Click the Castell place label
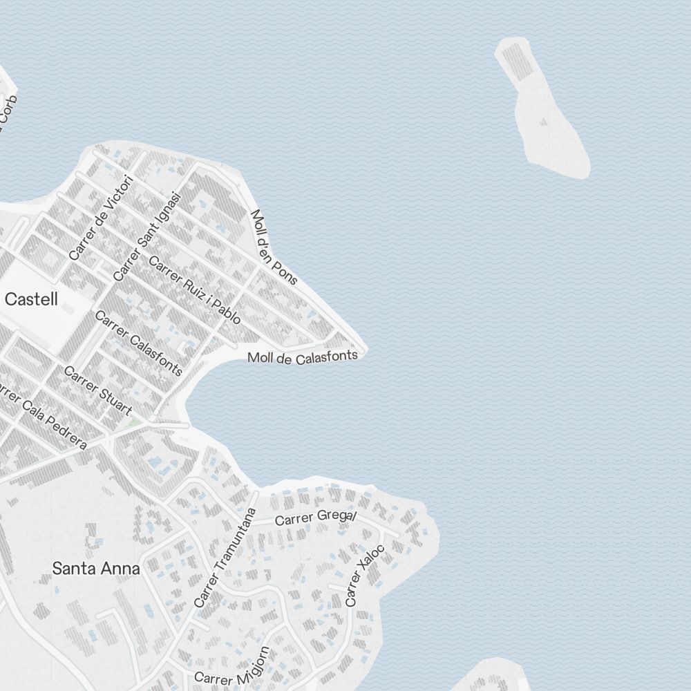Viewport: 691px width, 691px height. tap(31, 299)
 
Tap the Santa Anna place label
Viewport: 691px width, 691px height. tap(96, 569)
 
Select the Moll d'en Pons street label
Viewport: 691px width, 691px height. tap(274, 247)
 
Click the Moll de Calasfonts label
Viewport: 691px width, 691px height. tap(303, 357)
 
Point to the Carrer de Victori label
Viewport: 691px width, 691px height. tap(101, 218)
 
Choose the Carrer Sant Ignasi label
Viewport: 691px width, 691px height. tap(147, 236)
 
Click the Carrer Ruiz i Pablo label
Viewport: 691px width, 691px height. tap(195, 291)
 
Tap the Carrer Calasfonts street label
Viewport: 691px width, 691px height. tap(138, 343)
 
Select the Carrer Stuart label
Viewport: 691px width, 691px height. tap(97, 391)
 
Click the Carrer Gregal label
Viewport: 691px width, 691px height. tap(316, 517)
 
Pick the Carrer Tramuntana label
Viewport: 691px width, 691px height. tap(225, 558)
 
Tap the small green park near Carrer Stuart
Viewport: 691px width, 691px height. tap(133, 420)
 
